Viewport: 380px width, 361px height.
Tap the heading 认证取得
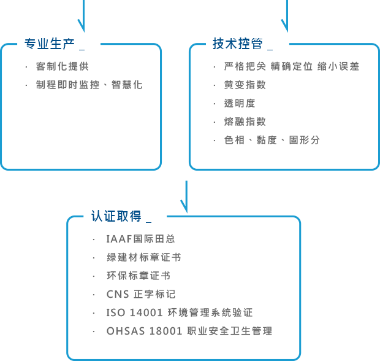coord(116,216)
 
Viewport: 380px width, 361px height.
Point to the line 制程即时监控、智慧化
coord(89,84)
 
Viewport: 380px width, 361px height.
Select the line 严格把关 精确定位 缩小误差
coord(291,66)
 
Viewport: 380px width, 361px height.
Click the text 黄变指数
coord(245,85)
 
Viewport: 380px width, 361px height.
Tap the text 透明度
coord(239,103)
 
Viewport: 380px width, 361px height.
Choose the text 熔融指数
coord(245,122)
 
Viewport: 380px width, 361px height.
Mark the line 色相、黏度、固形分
coord(272,140)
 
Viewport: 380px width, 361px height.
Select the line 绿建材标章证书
coord(143,257)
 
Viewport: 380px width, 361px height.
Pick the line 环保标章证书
coord(138,276)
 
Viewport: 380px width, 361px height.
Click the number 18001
coord(165,331)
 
